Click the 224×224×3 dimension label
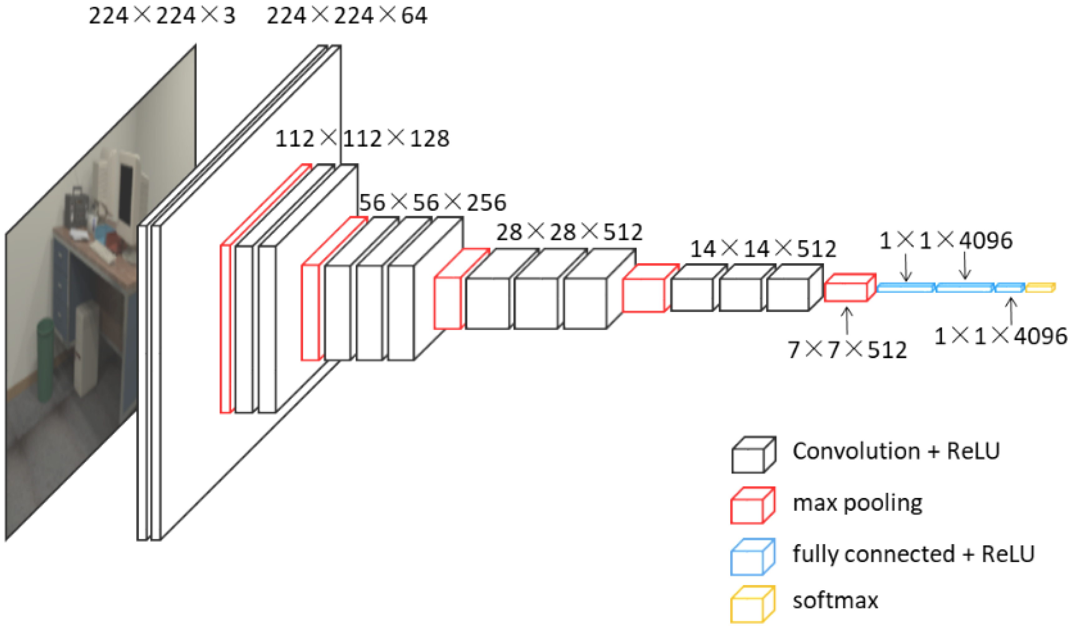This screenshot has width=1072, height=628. (x=162, y=16)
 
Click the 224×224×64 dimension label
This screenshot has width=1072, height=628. (x=347, y=16)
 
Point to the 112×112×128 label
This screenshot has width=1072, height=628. (x=362, y=139)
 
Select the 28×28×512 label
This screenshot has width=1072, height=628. (x=569, y=232)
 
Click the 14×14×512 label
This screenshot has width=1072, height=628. (x=763, y=249)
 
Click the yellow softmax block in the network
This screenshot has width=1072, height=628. (x=1040, y=288)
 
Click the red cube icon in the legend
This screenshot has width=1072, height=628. (x=752, y=506)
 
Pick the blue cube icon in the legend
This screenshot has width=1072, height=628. (x=752, y=557)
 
